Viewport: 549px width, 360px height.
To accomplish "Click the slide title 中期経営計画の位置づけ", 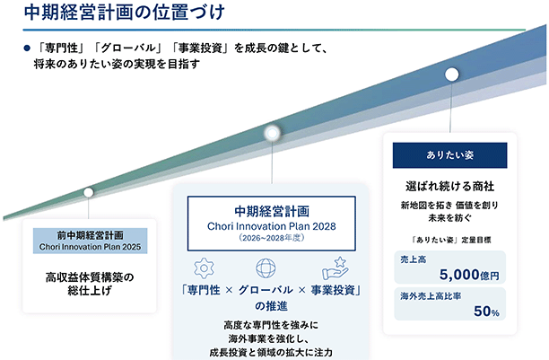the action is coord(125,13).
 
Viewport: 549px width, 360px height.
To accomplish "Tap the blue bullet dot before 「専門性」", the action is coord(27,48).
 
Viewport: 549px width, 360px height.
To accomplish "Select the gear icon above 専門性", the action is coord(204,268).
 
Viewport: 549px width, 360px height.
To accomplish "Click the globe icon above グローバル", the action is coord(266,268).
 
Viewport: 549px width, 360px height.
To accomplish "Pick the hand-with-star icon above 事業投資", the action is coord(335,268).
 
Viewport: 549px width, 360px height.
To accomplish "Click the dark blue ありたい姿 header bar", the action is coord(450,155).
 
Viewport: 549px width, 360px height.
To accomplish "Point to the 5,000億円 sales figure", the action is coord(469,275).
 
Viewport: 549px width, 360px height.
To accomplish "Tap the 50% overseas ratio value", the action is coord(486,312).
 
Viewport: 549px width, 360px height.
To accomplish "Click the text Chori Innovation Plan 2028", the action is coord(271,226).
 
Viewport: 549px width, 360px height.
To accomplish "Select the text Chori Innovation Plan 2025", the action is coord(90,247).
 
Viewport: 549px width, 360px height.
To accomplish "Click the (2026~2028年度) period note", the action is coord(271,238).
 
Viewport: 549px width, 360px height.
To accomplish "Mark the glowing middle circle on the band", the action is coord(272,133).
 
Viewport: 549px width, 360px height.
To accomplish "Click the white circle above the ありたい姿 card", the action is coord(451,75).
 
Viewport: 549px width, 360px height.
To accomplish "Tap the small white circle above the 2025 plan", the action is coord(88,192).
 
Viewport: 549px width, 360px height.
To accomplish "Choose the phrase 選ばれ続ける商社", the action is coord(450,186).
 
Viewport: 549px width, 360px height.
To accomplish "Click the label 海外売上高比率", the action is coord(431,296).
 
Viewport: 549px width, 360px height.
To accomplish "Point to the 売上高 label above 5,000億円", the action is coord(414,259).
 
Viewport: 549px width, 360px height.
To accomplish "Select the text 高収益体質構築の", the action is coord(90,277).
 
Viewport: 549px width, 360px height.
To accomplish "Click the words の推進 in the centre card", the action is coord(271,306).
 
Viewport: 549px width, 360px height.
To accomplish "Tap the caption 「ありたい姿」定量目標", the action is coord(451,240).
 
